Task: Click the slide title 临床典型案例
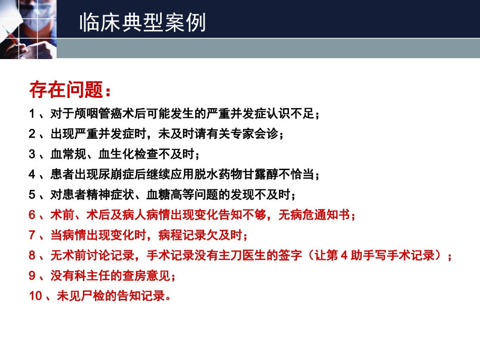(142, 23)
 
